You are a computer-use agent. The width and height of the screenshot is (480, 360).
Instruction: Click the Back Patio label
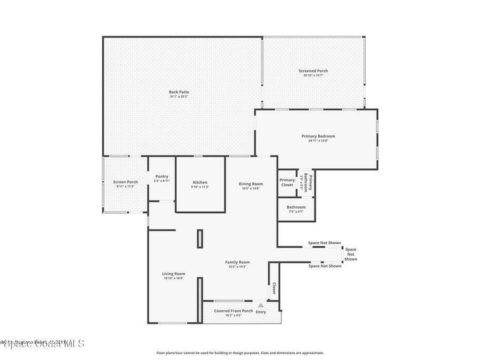click(179, 92)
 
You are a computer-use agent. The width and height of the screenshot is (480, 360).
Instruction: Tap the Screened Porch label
click(313, 71)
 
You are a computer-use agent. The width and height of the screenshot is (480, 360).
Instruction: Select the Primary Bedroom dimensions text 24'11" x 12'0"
click(318, 141)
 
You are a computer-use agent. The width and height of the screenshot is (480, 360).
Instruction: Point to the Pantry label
click(161, 176)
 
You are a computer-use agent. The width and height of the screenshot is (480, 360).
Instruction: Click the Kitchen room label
click(200, 182)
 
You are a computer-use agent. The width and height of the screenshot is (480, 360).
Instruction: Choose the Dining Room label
click(251, 184)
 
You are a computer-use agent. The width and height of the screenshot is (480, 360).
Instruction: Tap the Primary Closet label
click(287, 182)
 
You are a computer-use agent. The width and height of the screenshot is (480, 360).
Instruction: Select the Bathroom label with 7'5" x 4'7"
click(296, 207)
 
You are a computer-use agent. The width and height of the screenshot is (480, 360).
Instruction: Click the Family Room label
click(237, 262)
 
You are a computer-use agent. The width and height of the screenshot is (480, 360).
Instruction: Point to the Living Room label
click(173, 274)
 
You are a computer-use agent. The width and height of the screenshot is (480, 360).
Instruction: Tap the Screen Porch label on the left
click(125, 182)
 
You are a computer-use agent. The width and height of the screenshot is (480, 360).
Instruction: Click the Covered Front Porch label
click(233, 311)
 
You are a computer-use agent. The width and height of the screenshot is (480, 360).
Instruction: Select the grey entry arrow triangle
click(261, 305)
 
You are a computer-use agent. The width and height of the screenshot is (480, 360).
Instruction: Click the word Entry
click(261, 312)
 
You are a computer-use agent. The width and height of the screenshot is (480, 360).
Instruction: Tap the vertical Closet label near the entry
click(273, 289)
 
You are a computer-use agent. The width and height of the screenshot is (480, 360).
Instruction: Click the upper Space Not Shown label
click(324, 243)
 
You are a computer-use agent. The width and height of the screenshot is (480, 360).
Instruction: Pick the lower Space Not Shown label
click(325, 266)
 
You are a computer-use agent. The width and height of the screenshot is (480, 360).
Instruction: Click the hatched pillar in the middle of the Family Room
click(200, 238)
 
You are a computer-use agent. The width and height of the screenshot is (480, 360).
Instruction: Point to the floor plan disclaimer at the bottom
click(240, 353)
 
